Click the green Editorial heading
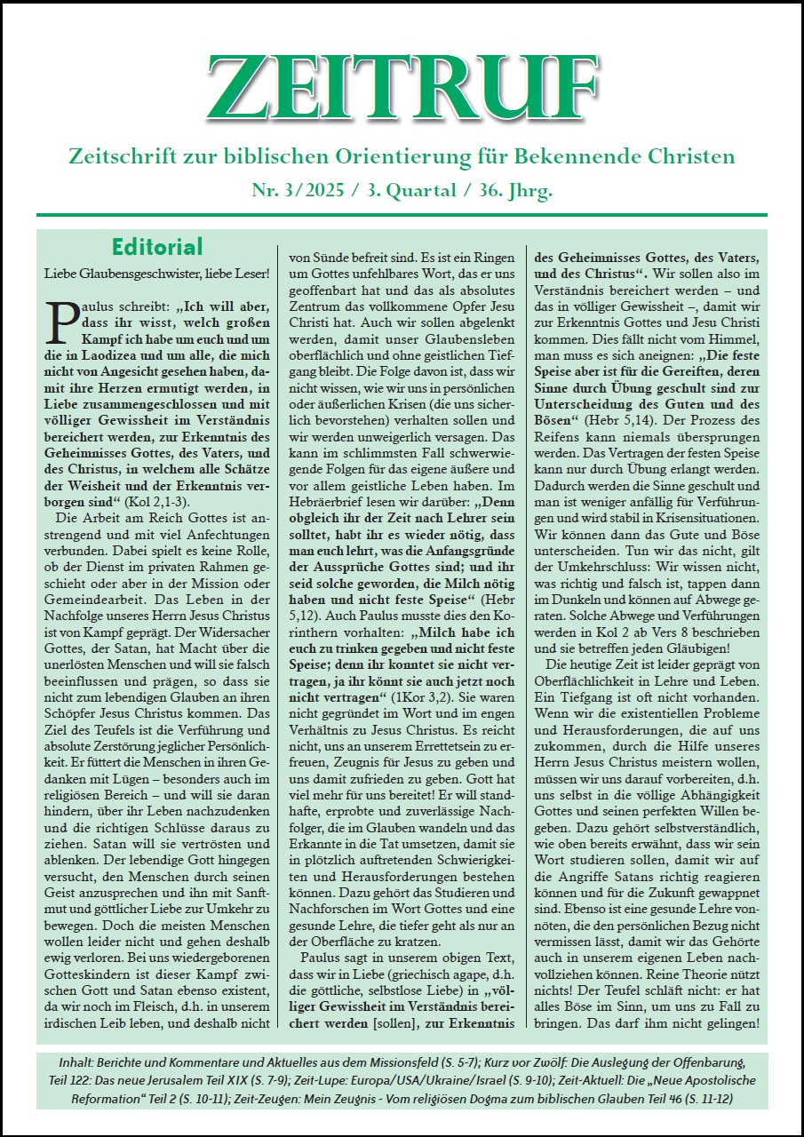(157, 246)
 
